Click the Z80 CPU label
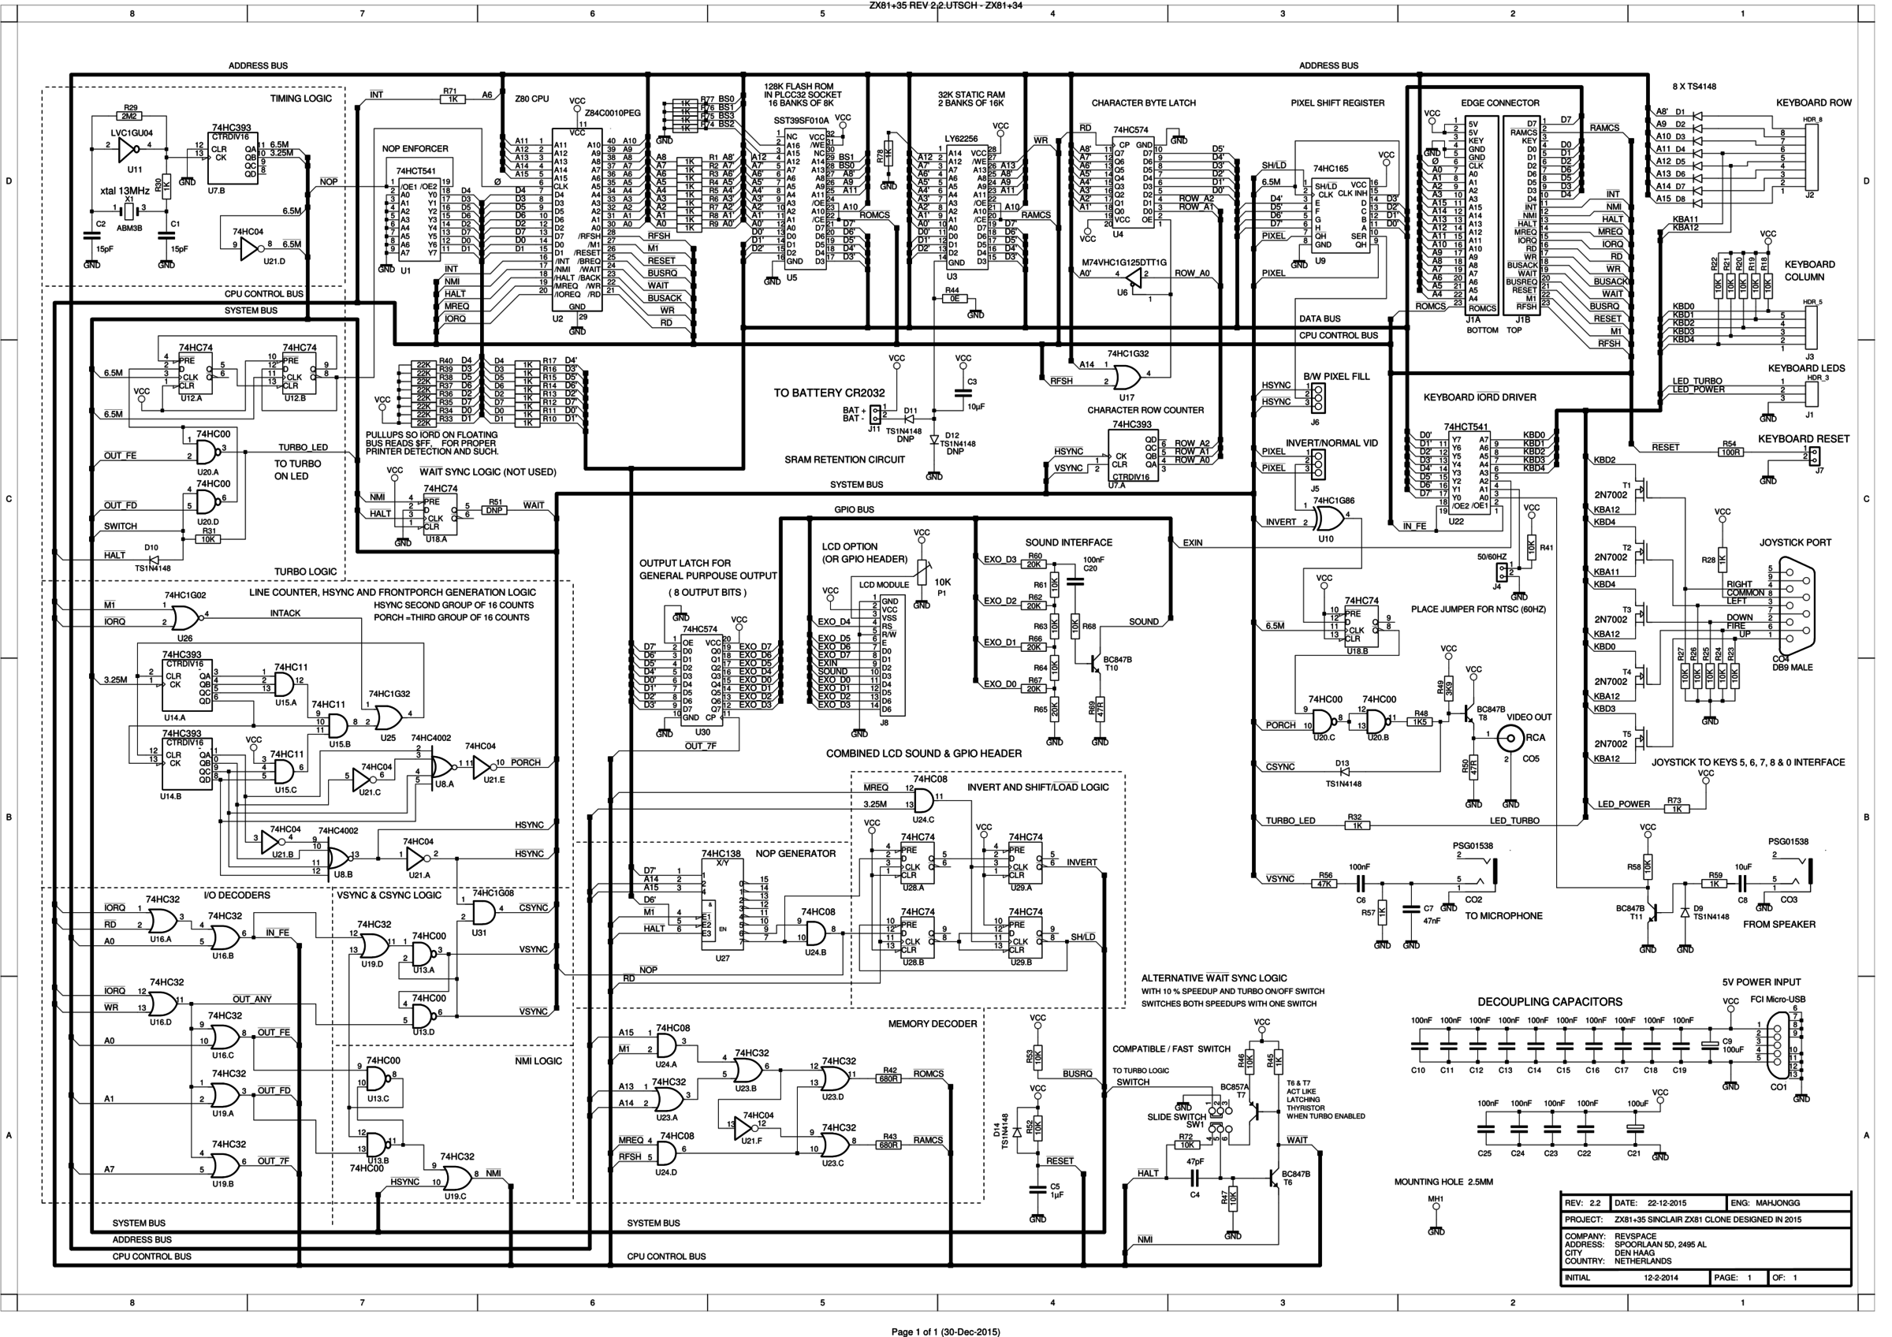click(531, 99)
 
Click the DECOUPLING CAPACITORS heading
click(1549, 1002)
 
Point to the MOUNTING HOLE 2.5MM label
click(1443, 1181)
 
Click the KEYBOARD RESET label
click(1803, 439)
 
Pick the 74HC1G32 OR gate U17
click(1126, 378)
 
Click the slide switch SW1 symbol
click(1217, 1121)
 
